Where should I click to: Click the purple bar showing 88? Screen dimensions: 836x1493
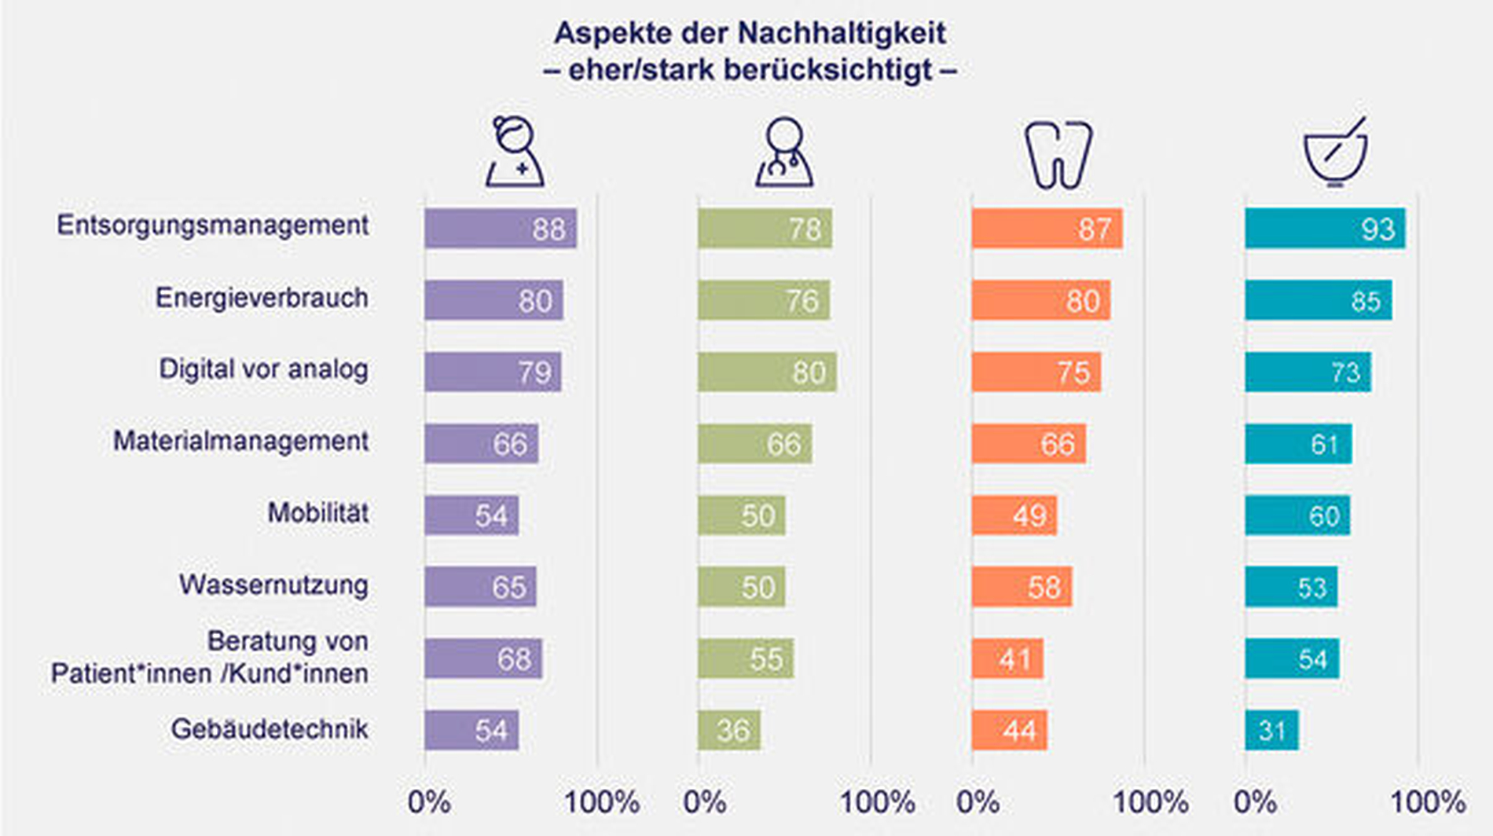[x=501, y=229]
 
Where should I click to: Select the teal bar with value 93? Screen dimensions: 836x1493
[x=1325, y=229]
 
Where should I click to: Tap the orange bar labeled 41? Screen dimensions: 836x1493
[x=1007, y=658]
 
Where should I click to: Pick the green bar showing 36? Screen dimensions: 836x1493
[x=729, y=730]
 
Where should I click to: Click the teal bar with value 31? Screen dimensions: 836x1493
[x=1271, y=730]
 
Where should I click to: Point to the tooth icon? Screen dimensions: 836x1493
[x=1058, y=154]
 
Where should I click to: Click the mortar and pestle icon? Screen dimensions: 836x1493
[x=1336, y=152]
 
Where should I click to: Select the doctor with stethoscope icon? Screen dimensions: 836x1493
[x=784, y=152]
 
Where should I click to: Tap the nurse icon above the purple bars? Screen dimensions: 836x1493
[x=515, y=152]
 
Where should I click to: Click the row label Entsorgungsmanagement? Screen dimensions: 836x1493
[x=212, y=225]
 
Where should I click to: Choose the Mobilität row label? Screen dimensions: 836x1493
[x=318, y=513]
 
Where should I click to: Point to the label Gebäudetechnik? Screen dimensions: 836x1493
[x=270, y=729]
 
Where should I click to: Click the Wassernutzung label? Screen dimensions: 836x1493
[x=273, y=585]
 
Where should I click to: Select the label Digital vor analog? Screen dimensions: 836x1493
[x=263, y=369]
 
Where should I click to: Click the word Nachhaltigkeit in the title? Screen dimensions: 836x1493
[x=842, y=33]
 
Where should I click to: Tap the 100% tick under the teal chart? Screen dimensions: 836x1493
[x=1428, y=802]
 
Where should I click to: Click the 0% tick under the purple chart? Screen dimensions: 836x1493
[x=429, y=802]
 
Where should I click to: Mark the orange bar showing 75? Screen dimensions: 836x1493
[x=1036, y=372]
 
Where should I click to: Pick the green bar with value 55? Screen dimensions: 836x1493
[x=746, y=658]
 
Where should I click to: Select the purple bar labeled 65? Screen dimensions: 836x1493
[x=480, y=587]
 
